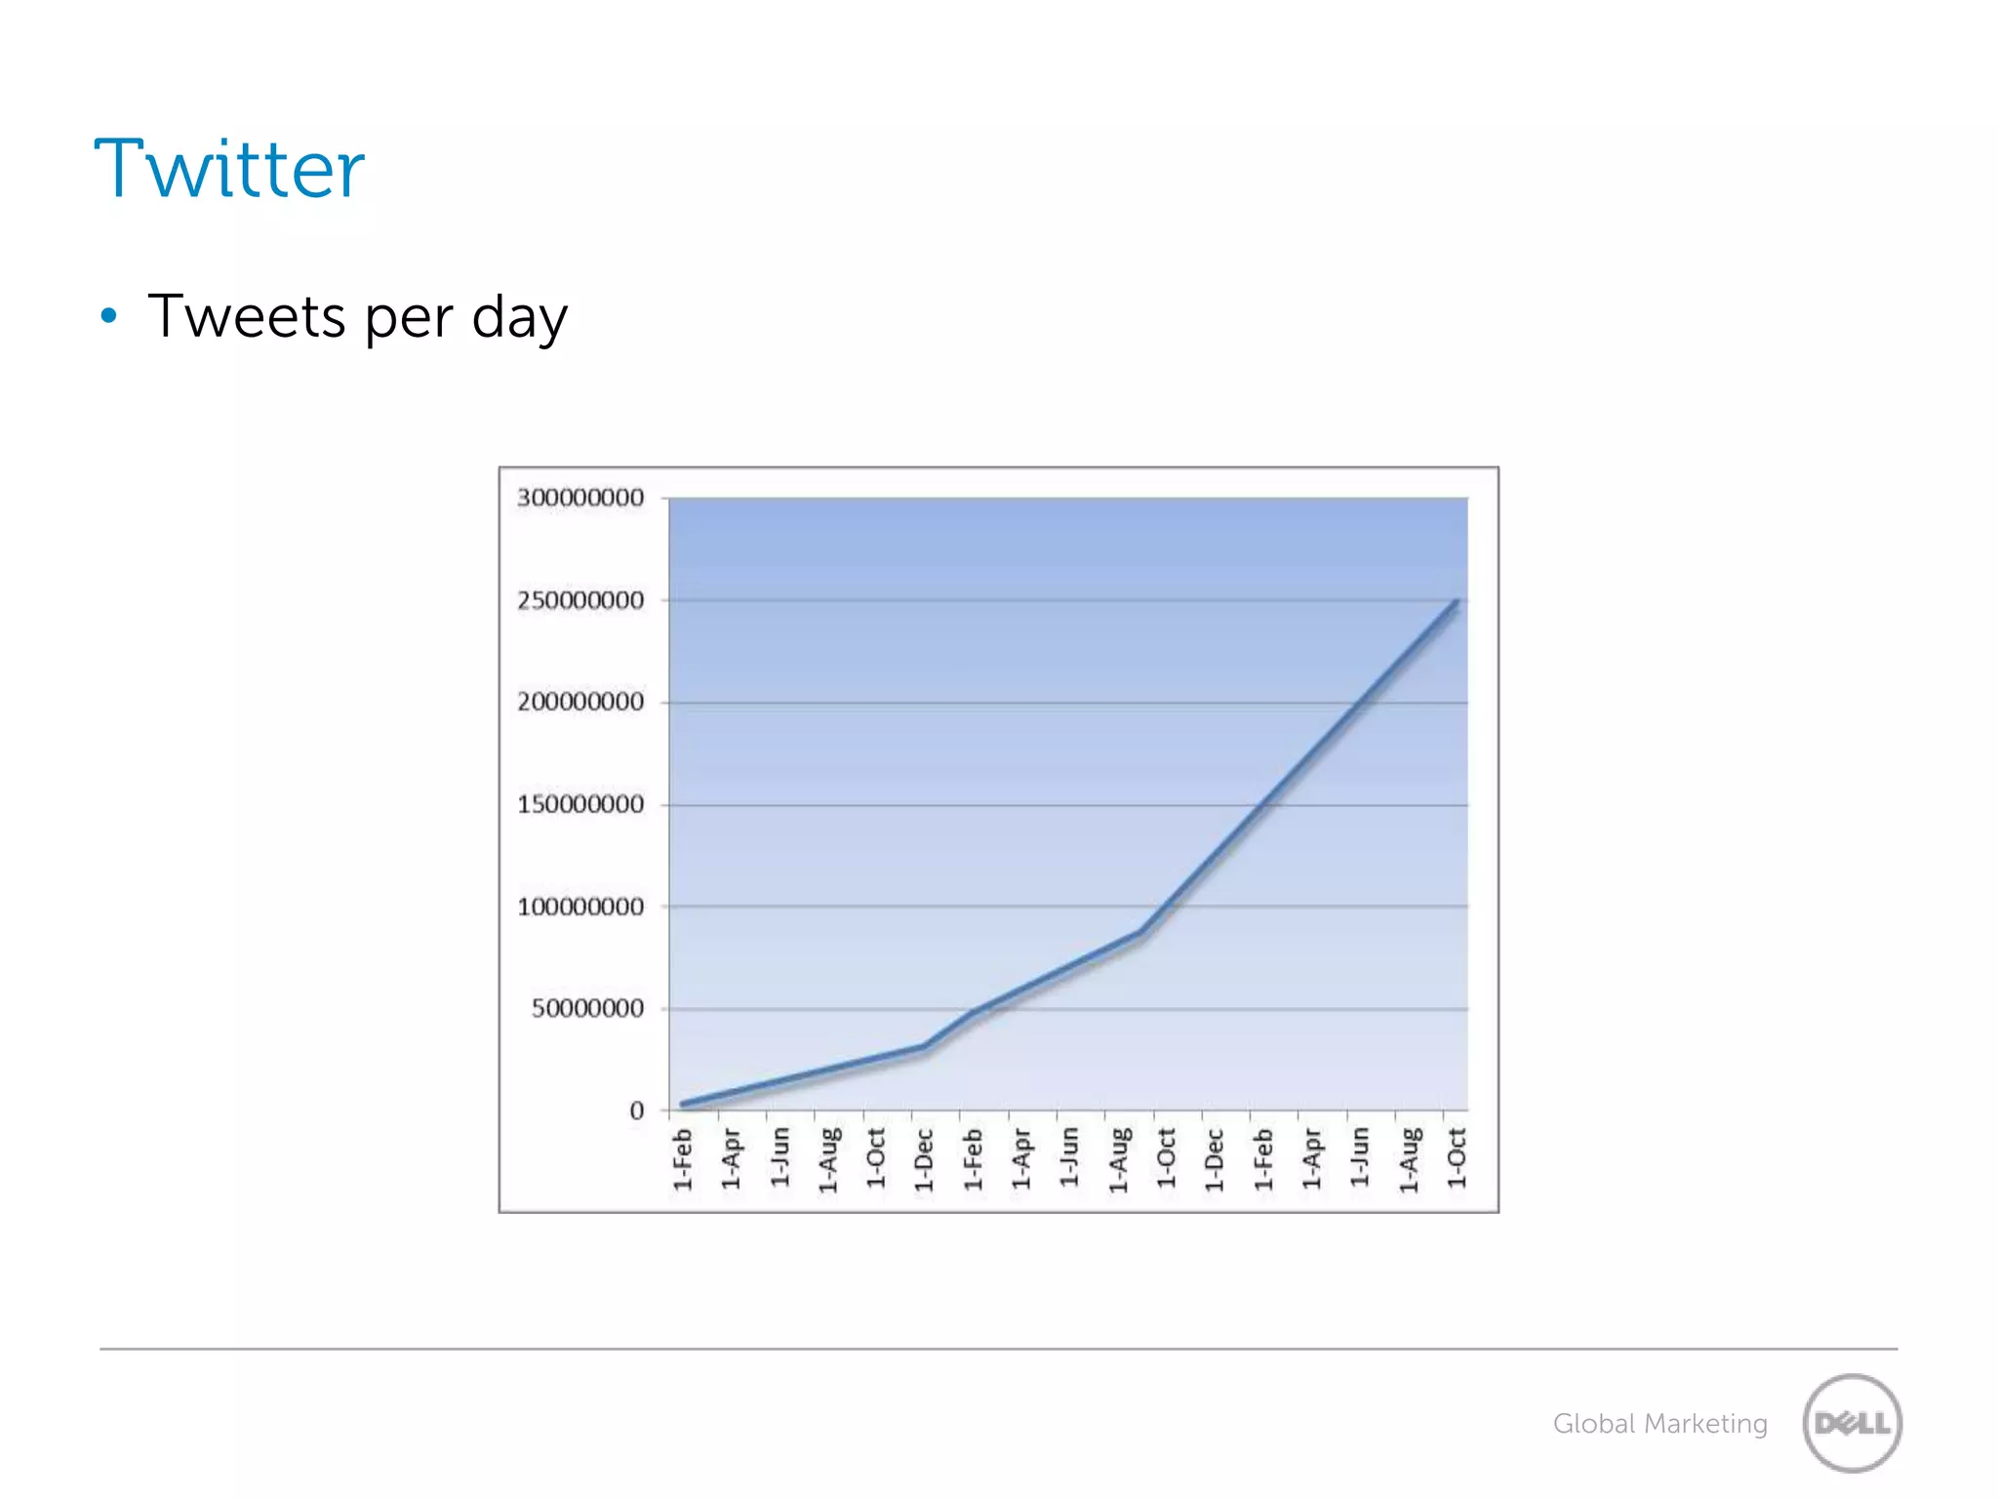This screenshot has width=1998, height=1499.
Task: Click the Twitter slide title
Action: pyautogui.click(x=229, y=169)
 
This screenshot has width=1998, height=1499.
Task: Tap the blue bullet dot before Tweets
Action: pyautogui.click(x=109, y=315)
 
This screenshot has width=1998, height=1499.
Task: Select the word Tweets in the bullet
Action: pyautogui.click(x=247, y=316)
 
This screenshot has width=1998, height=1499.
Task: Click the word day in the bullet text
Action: pyautogui.click(x=519, y=318)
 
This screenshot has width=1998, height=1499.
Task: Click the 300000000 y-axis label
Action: pyautogui.click(x=580, y=498)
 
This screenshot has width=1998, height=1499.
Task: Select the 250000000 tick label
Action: pyautogui.click(x=580, y=600)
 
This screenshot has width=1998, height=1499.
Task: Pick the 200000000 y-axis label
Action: pyautogui.click(x=580, y=702)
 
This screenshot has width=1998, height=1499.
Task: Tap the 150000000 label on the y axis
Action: pyautogui.click(x=580, y=804)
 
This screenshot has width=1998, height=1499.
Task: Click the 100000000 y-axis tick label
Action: pyautogui.click(x=580, y=907)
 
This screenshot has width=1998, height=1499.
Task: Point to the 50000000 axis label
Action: pyautogui.click(x=587, y=1008)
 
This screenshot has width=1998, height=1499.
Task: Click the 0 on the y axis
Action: pyautogui.click(x=636, y=1111)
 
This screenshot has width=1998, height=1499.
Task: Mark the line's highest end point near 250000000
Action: pyautogui.click(x=1456, y=602)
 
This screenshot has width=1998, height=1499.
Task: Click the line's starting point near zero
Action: pyautogui.click(x=683, y=1104)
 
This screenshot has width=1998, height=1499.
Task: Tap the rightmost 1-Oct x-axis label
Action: pyautogui.click(x=1456, y=1157)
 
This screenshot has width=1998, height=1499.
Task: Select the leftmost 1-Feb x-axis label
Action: pyautogui.click(x=683, y=1159)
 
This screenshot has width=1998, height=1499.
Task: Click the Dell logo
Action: pyautogui.click(x=1852, y=1423)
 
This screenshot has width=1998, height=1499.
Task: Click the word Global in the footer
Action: pyautogui.click(x=1593, y=1424)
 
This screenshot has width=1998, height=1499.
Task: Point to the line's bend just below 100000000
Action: pyautogui.click(x=1139, y=933)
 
